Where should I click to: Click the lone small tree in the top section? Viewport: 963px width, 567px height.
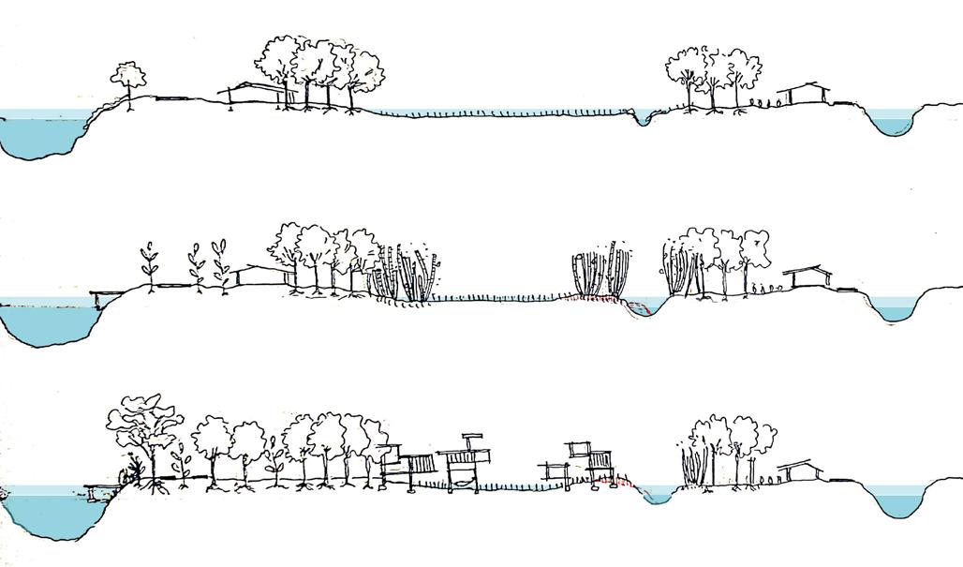[128, 80]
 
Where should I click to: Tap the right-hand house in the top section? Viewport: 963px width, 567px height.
[808, 93]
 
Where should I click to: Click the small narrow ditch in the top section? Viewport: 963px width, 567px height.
[642, 120]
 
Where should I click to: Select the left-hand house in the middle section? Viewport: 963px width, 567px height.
[260, 275]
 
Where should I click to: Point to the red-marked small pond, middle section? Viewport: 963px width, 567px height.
[645, 307]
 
